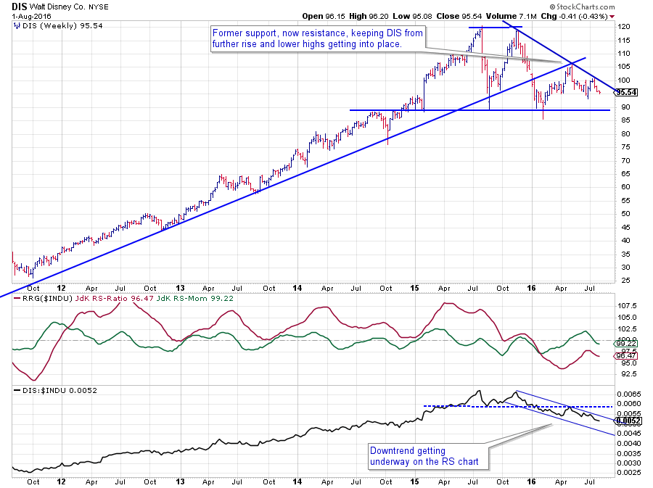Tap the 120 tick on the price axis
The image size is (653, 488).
pos(622,27)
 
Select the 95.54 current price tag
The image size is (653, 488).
pos(625,92)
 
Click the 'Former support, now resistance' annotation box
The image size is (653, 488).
pos(316,38)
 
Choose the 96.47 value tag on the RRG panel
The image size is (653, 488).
pos(625,356)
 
